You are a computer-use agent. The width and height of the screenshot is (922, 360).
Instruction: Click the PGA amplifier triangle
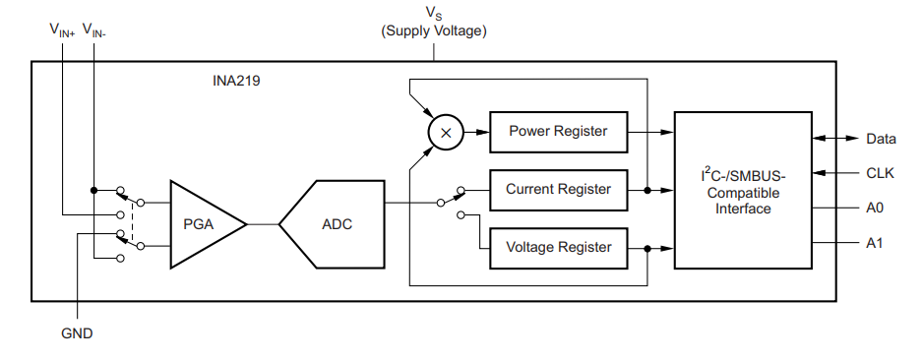pos(205,224)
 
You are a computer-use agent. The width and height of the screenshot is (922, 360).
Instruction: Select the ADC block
pos(333,224)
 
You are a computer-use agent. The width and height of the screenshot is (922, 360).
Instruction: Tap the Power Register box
pos(559,132)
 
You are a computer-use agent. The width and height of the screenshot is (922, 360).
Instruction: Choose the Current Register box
pos(559,190)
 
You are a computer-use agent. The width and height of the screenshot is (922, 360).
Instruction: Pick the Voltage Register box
pos(559,248)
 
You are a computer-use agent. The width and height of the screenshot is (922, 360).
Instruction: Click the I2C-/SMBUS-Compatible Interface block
pos(743,190)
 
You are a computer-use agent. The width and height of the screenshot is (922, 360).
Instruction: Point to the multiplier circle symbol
pos(446,133)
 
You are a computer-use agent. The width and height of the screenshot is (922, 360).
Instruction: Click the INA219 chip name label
pos(236,81)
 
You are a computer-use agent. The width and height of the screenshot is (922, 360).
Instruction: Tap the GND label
pos(77,333)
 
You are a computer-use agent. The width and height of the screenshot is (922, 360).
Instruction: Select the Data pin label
pos(881,139)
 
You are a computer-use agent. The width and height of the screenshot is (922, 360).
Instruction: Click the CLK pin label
pos(881,173)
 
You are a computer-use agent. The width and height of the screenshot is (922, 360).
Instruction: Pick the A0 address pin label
pos(875,208)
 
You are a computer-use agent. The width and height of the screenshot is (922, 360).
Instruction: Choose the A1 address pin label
pos(875,242)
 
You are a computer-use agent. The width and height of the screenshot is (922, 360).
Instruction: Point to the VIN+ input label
pos(62,30)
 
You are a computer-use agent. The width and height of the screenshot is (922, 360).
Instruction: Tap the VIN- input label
pos(94,30)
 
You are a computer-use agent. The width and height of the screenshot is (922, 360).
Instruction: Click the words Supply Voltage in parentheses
pos(434,31)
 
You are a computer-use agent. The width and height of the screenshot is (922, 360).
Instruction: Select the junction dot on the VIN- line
pos(93,190)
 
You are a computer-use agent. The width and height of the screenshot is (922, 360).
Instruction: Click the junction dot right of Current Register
pos(647,190)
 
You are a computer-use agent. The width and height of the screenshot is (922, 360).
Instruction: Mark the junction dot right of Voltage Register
pos(647,248)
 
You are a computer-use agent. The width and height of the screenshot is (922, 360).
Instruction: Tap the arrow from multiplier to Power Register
pos(476,133)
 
